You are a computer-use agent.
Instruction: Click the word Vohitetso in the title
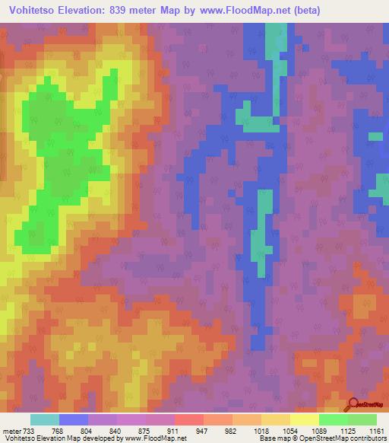click(33, 11)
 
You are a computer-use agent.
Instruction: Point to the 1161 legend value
click(375, 429)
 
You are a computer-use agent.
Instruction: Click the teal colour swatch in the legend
click(45, 419)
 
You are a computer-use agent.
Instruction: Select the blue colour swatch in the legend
click(74, 419)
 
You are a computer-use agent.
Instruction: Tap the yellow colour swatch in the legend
click(305, 419)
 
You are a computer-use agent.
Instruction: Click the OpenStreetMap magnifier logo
click(353, 404)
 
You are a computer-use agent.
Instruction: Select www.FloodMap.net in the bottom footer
click(154, 438)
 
